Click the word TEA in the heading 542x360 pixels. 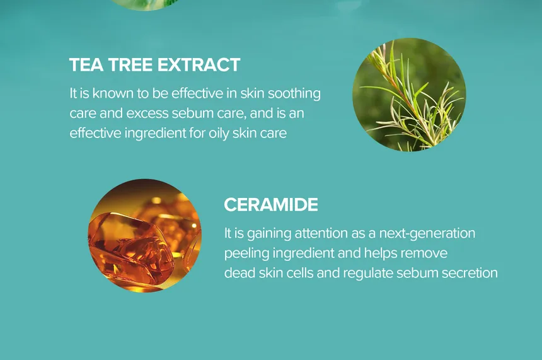[86, 65]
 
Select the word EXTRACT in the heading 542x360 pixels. [199, 65]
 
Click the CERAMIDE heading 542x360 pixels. [270, 204]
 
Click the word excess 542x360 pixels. [147, 113]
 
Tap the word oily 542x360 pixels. [219, 133]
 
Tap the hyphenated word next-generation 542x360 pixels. [427, 233]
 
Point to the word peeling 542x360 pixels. [247, 253]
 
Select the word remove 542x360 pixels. [424, 253]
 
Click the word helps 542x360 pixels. [380, 253]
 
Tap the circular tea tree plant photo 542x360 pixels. [409, 95]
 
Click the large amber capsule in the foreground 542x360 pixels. [130, 248]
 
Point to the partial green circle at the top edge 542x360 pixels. [145, 4]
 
